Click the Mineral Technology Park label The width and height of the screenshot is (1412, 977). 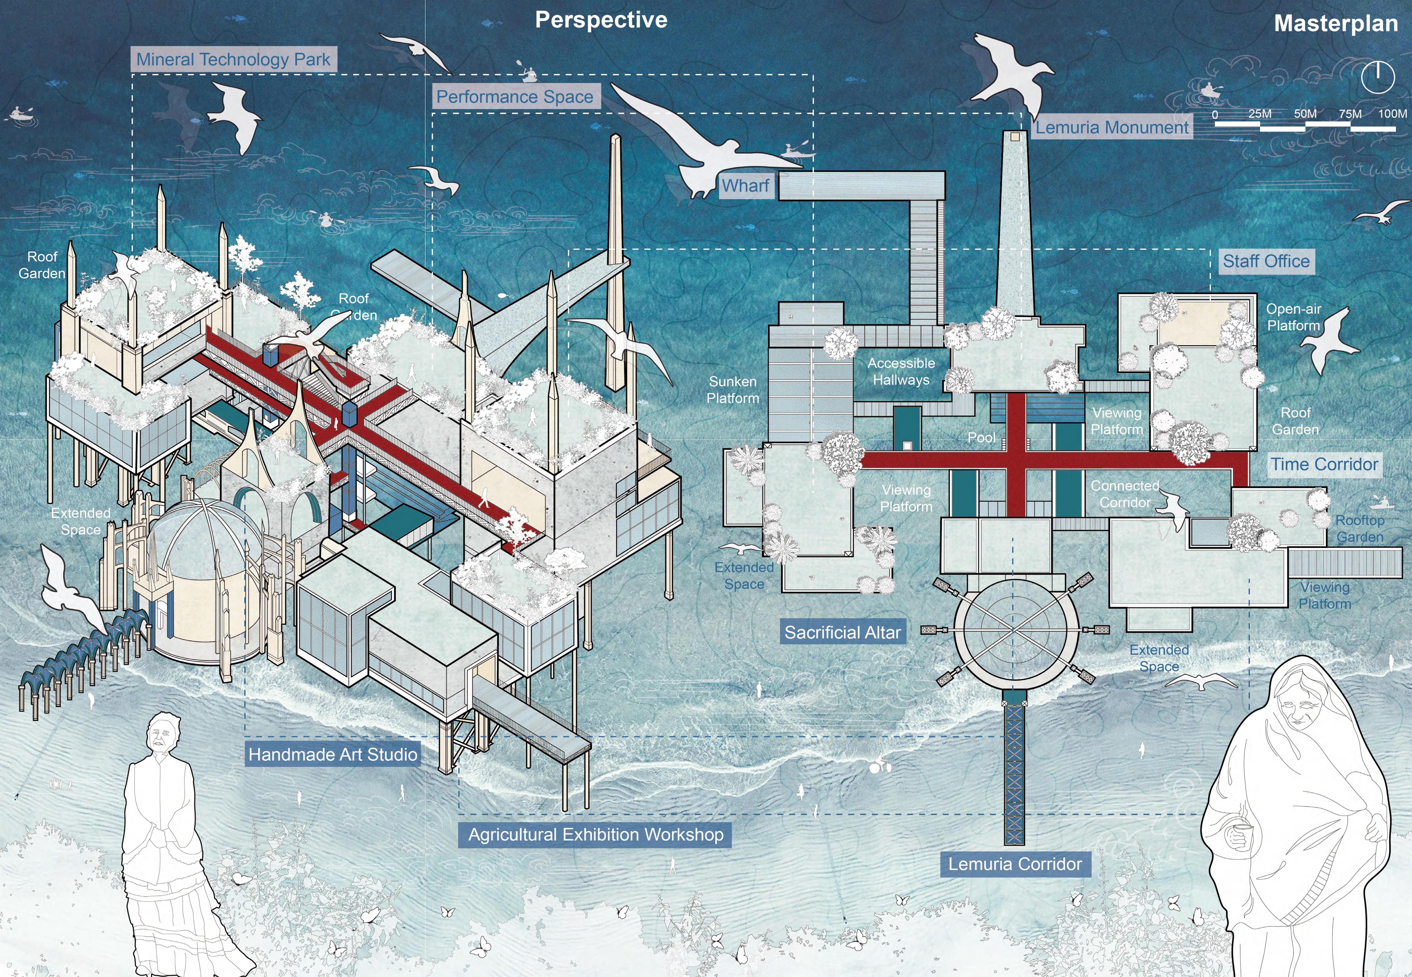click(233, 59)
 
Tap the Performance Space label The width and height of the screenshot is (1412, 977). click(515, 97)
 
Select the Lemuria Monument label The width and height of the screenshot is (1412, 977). click(1112, 127)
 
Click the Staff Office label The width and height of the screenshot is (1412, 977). click(1266, 261)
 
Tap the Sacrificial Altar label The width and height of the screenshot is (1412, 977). click(843, 632)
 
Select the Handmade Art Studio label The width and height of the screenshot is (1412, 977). click(333, 754)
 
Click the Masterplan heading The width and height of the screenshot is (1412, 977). click(1336, 24)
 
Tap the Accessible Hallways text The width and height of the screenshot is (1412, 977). click(901, 371)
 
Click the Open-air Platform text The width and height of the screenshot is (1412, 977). click(1293, 317)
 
